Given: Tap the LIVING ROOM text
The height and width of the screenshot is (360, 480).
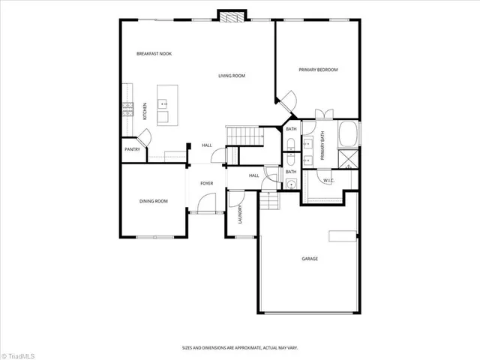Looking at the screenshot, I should tap(232, 76).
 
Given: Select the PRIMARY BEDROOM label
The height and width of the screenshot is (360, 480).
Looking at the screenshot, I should tap(318, 70).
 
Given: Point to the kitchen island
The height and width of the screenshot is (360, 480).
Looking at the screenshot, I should tap(163, 104).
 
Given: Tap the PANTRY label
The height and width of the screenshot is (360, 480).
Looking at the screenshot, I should tap(132, 149).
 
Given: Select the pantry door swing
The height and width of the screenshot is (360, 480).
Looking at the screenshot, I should tap(145, 137).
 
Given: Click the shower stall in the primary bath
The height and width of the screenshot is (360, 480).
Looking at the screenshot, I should tap(349, 160).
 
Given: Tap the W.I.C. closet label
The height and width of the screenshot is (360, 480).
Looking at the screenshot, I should tap(328, 181).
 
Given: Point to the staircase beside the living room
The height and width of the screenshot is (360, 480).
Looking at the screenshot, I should tap(244, 137).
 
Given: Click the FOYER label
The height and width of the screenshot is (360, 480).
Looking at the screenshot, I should tap(206, 184).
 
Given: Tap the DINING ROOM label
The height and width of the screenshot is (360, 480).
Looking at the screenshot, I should tap(153, 201).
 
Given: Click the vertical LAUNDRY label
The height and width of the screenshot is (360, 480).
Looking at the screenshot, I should tap(240, 215).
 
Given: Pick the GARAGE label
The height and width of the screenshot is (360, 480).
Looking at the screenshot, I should tap(310, 259).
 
